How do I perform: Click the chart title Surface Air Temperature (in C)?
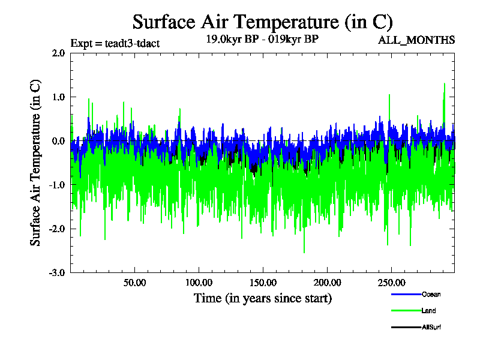tap(262, 22)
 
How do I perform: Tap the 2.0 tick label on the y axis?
tap(58, 53)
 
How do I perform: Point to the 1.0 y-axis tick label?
tap(58, 97)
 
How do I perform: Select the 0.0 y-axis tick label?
tap(58, 141)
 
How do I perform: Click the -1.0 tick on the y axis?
tap(57, 185)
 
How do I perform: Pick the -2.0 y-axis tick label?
tap(57, 229)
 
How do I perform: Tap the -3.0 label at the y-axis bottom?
tap(57, 272)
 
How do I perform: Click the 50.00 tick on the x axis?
tap(134, 282)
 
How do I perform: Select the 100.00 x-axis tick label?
tap(198, 282)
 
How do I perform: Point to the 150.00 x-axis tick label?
tap(262, 282)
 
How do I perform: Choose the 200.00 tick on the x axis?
tap(326, 282)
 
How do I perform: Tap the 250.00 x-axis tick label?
tap(390, 282)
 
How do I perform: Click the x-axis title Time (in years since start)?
tap(262, 298)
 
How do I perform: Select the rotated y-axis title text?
tap(36, 162)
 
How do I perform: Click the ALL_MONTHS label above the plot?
tap(416, 40)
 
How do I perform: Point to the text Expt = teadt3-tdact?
tap(115, 43)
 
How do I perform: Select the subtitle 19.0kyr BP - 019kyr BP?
tap(262, 40)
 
